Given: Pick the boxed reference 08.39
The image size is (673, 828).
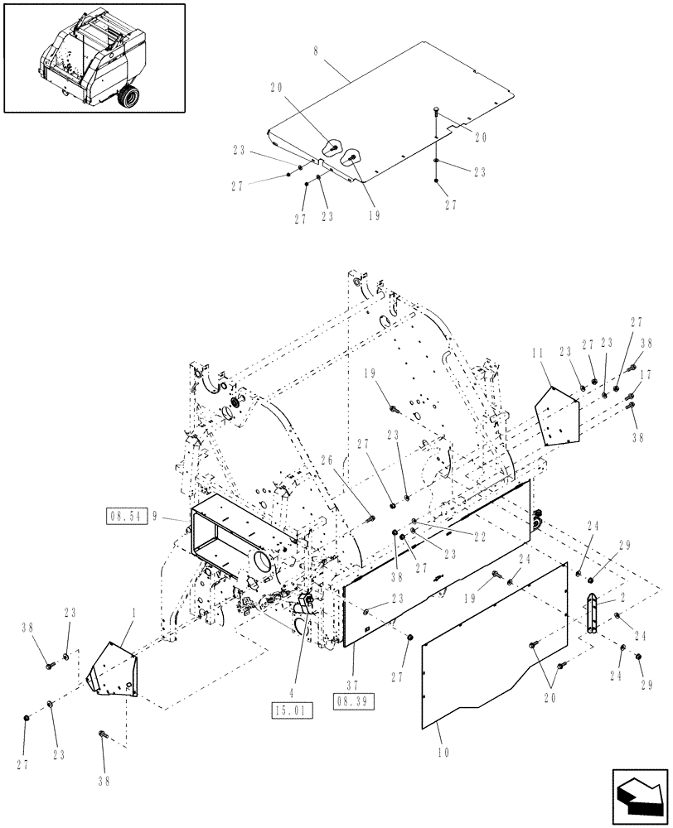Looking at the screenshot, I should (353, 700).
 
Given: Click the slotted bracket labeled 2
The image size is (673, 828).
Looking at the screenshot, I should (593, 614).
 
